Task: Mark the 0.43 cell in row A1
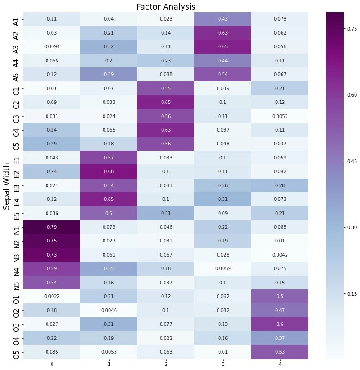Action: point(223,19)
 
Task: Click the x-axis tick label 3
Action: point(223,364)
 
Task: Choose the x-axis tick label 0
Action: point(52,364)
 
